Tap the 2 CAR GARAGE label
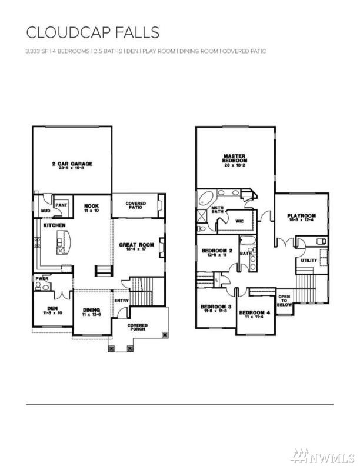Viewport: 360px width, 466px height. click(72, 165)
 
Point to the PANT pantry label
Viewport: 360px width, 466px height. click(62, 204)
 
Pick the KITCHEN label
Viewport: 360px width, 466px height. click(54, 225)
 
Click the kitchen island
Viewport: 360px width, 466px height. click(63, 242)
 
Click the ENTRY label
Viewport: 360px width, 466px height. click(122, 301)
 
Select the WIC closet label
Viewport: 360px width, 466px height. click(239, 221)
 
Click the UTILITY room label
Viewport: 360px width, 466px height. click(309, 260)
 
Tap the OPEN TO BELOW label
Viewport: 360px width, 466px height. click(284, 301)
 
